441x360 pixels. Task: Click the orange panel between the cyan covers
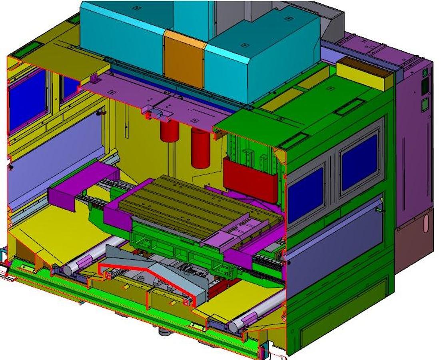tap(184, 58)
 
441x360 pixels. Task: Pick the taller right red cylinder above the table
tap(200, 148)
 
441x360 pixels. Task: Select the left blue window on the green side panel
tap(305, 194)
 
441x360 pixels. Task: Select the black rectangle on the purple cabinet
tap(425, 86)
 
